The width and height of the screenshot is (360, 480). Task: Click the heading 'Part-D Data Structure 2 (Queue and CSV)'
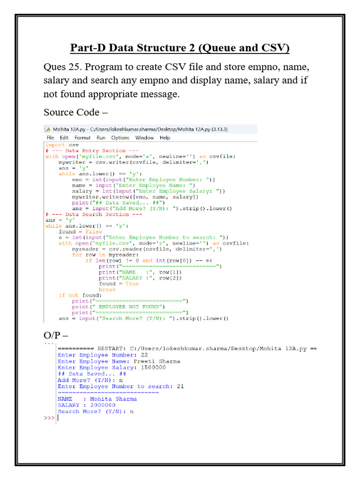(180, 48)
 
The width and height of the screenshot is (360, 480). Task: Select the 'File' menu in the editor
(50, 138)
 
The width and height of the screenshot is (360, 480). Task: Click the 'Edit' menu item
(64, 138)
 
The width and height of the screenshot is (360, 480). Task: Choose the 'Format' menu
(82, 138)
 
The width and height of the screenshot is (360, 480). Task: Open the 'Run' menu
(101, 138)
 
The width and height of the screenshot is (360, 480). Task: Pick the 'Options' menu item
(120, 138)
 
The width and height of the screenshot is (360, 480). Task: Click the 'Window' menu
(144, 138)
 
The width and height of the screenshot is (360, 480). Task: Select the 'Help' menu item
(165, 138)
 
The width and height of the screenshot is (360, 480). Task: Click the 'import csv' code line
(62, 145)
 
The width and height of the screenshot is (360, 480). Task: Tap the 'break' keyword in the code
(107, 290)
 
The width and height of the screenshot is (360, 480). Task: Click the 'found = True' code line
(119, 284)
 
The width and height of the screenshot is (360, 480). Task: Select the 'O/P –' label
(56, 336)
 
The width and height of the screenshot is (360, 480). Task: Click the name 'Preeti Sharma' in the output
(157, 361)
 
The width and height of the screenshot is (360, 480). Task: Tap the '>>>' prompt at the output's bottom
(49, 417)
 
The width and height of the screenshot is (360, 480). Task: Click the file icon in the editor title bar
(47, 129)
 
